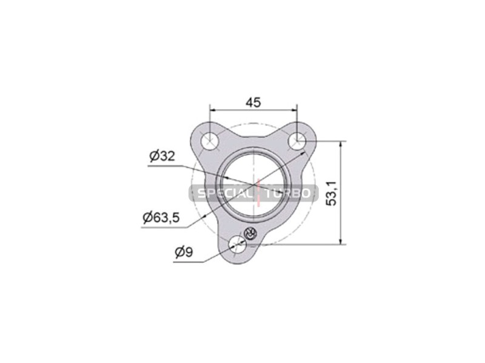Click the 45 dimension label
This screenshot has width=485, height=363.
pyautogui.click(x=253, y=102)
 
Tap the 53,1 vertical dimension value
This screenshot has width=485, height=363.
pyautogui.click(x=331, y=193)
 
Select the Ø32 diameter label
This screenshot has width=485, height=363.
pyautogui.click(x=162, y=156)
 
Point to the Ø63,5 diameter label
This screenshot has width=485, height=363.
pyautogui.click(x=161, y=218)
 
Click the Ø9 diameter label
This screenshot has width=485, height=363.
pyautogui.click(x=184, y=252)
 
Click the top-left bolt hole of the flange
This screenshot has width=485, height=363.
pyautogui.click(x=210, y=142)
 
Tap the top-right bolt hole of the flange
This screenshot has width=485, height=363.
pyautogui.click(x=297, y=141)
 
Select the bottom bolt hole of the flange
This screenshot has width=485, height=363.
pyautogui.click(x=237, y=245)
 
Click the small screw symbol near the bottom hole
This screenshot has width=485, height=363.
pyautogui.click(x=250, y=234)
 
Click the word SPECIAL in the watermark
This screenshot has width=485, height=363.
pyautogui.click(x=224, y=194)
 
